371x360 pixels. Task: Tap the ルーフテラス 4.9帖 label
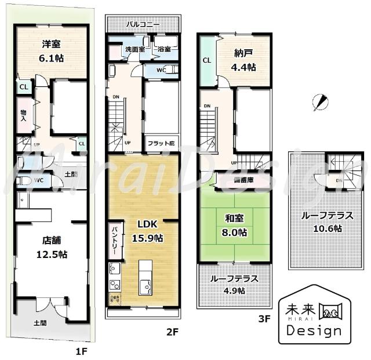point(234,284)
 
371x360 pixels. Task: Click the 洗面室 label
point(134,50)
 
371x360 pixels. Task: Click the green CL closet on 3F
point(206,60)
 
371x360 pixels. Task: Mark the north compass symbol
point(317,102)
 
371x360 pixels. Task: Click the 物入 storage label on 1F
point(23,115)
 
